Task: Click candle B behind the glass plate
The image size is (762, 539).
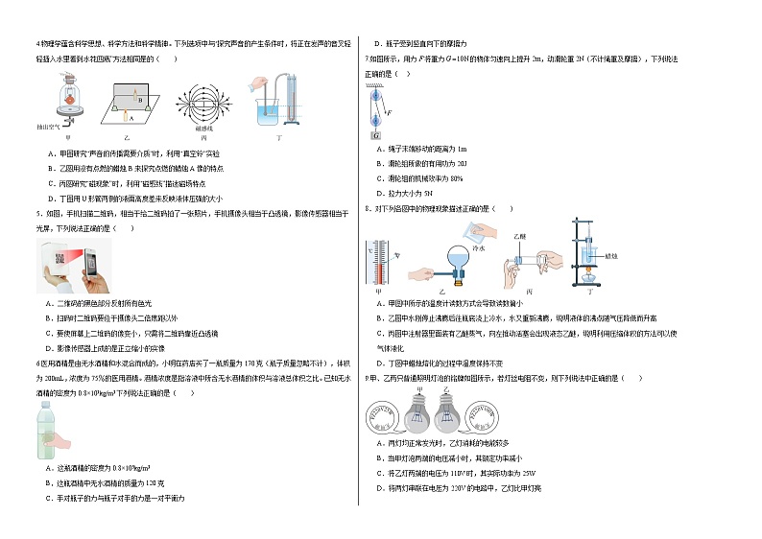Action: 139,98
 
